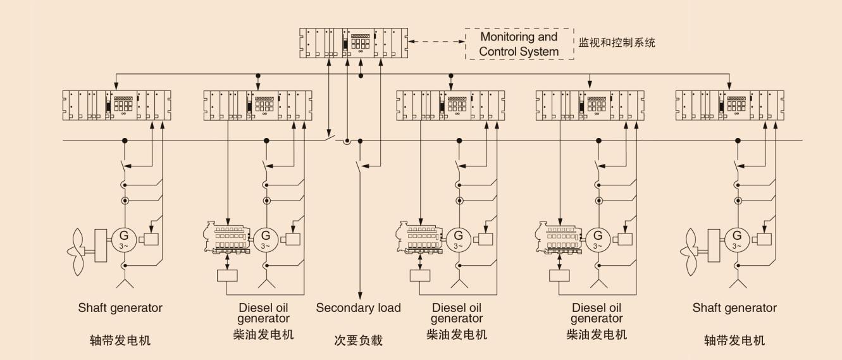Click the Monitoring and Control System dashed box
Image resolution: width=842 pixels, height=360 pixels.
519,44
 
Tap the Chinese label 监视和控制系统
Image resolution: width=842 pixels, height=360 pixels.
617,44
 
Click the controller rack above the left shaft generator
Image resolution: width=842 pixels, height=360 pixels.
117,104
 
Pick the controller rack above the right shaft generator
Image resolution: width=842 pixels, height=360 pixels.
729,104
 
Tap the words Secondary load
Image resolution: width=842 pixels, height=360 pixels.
358,308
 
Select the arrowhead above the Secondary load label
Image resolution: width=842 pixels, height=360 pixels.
359,295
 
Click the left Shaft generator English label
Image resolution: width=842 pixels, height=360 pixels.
120,308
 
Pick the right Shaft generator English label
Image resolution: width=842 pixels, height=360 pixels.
734,308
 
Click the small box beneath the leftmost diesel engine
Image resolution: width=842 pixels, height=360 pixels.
226,275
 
